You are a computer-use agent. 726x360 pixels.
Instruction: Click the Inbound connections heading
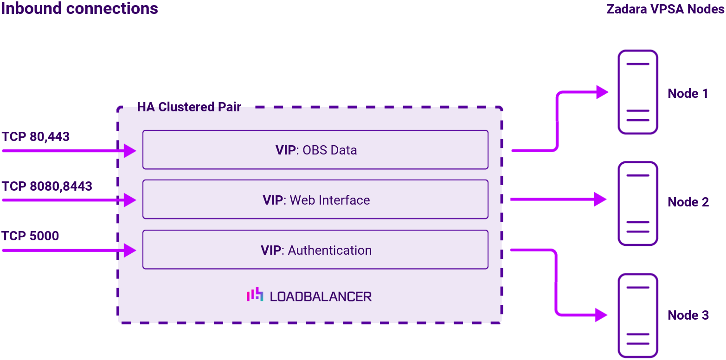[79, 8]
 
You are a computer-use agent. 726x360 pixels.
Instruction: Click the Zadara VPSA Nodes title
[665, 9]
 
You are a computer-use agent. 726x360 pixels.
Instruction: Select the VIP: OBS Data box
[315, 150]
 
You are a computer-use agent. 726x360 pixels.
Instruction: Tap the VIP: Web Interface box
[315, 199]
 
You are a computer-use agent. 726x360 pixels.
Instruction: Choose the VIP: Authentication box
[315, 250]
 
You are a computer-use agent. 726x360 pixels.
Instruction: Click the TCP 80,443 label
[36, 137]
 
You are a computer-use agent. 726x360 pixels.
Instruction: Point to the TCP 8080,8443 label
[47, 186]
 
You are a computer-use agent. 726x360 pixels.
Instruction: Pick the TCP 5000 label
[31, 236]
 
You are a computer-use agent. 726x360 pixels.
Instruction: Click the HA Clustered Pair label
[189, 107]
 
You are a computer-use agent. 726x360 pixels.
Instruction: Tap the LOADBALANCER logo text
[321, 296]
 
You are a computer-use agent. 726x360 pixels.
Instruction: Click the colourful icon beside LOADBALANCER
[255, 295]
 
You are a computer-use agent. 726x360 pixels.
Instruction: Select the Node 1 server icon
[638, 92]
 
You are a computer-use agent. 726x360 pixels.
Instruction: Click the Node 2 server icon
[638, 203]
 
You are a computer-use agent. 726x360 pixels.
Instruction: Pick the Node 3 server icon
[638, 315]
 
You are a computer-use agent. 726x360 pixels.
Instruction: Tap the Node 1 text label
[688, 94]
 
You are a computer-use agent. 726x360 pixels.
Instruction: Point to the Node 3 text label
[688, 315]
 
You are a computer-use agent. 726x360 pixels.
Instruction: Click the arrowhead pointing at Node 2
[600, 199]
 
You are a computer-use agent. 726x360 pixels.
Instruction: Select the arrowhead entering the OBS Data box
[130, 151]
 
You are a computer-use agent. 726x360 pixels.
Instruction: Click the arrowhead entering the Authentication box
[130, 251]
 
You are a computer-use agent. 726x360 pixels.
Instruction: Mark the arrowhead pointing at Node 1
[602, 92]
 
